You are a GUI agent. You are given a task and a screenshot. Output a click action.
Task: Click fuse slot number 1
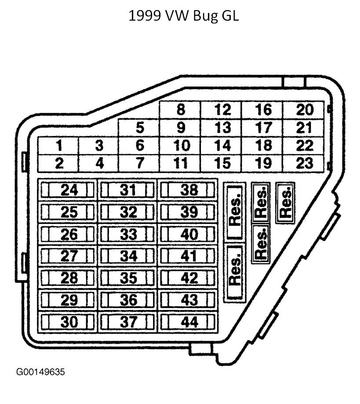pyautogui.click(x=58, y=146)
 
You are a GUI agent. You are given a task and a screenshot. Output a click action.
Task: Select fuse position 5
pyautogui.click(x=140, y=128)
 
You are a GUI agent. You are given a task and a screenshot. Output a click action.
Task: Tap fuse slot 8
pyautogui.click(x=180, y=110)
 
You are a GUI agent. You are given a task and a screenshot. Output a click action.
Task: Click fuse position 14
pyautogui.click(x=222, y=146)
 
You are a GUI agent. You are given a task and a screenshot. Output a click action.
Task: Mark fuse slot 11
pyautogui.click(x=180, y=164)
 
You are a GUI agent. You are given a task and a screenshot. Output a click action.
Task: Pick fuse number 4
pyautogui.click(x=99, y=164)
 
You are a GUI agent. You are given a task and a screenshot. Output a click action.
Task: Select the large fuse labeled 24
pyautogui.click(x=69, y=190)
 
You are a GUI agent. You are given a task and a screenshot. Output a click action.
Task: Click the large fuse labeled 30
pyautogui.click(x=69, y=322)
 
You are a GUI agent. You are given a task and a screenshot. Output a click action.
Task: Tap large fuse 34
pyautogui.click(x=128, y=256)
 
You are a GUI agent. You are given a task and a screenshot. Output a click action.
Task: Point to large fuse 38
pyautogui.click(x=189, y=190)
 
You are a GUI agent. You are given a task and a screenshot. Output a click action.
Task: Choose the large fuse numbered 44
pyautogui.click(x=189, y=322)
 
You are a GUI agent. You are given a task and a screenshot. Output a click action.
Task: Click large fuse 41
pyautogui.click(x=189, y=256)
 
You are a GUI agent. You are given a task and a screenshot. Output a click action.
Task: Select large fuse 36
pyautogui.click(x=128, y=300)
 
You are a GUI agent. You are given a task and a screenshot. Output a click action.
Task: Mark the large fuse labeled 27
pyautogui.click(x=69, y=256)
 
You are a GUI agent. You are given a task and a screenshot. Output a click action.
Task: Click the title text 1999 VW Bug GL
pyautogui.click(x=184, y=16)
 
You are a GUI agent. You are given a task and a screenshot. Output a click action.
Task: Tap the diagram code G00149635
pyautogui.click(x=40, y=372)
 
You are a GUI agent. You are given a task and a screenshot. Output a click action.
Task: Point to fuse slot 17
pyautogui.click(x=264, y=128)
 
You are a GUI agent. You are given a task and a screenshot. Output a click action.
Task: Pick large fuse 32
pyautogui.click(x=128, y=212)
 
